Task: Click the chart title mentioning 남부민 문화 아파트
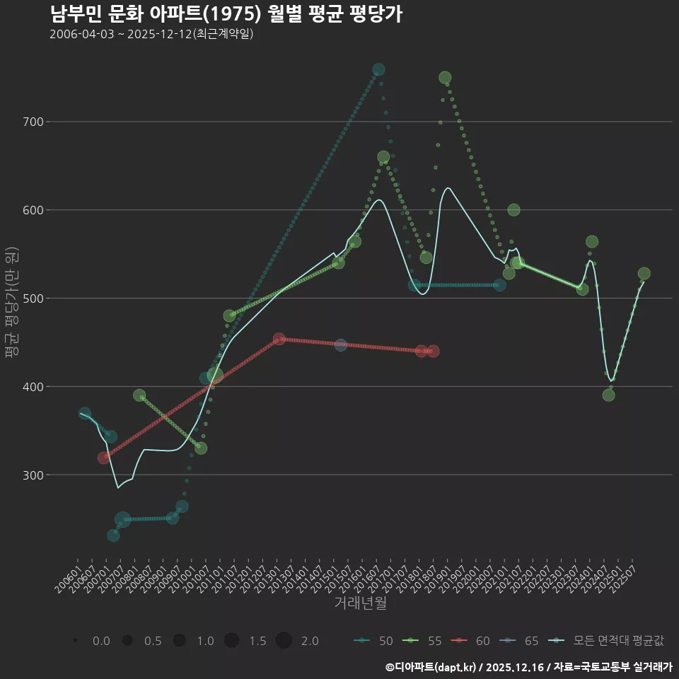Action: pyautogui.click(x=226, y=14)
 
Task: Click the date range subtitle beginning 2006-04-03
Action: pyautogui.click(x=151, y=35)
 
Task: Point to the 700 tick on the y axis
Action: pyautogui.click(x=33, y=122)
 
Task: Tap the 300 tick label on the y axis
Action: pyautogui.click(x=33, y=475)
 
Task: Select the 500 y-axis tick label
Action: pyautogui.click(x=33, y=298)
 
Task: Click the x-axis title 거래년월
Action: pyautogui.click(x=360, y=603)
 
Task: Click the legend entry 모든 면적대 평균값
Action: pyautogui.click(x=608, y=641)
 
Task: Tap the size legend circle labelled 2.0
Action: pyautogui.click(x=284, y=641)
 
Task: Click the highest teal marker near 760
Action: pyautogui.click(x=378, y=69)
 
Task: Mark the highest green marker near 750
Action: pyautogui.click(x=445, y=78)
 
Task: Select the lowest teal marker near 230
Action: pyautogui.click(x=113, y=535)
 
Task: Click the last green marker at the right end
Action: pyautogui.click(x=644, y=274)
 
